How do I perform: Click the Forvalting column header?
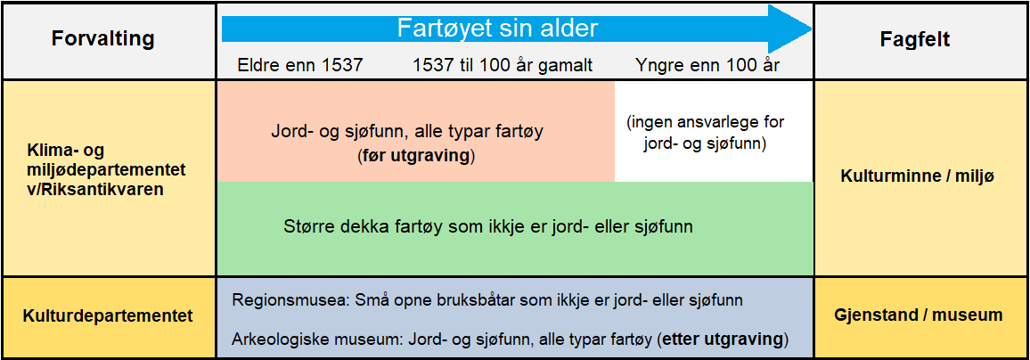102,39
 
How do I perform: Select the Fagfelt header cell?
920,39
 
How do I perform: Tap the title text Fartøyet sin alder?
496,29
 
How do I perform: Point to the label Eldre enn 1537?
300,65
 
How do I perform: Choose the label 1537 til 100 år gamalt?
503,65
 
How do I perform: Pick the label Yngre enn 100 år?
707,65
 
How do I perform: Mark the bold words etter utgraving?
723,340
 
